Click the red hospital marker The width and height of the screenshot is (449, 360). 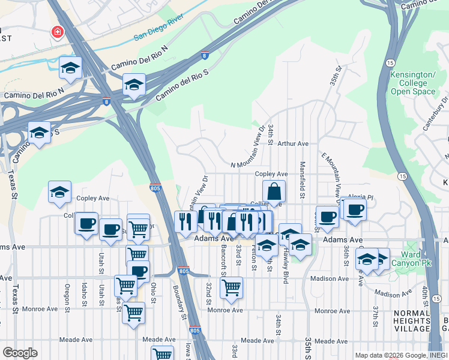pos(58,31)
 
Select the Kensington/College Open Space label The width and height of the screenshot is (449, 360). pos(412,83)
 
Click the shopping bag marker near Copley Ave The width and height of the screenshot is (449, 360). pos(274,192)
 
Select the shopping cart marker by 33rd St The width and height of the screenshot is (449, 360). pos(231,288)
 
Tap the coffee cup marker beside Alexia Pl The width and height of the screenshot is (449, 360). pos(355,210)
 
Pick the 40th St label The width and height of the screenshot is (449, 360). pos(424,297)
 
